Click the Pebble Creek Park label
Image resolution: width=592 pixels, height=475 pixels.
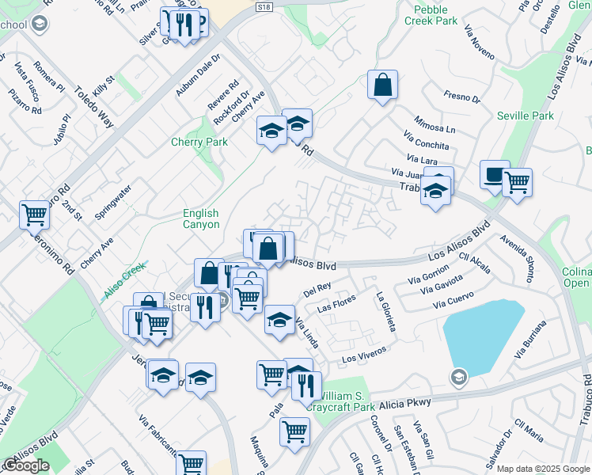(435, 16)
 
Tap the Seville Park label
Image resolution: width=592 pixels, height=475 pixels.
(526, 116)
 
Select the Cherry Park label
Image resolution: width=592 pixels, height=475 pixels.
(199, 142)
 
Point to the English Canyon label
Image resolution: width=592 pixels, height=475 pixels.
(201, 218)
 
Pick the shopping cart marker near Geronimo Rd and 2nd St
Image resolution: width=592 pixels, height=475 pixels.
(34, 214)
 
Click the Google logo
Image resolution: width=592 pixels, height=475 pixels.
(26, 465)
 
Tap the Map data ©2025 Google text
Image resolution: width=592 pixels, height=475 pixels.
(543, 469)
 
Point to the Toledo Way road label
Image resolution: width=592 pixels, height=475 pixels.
(94, 107)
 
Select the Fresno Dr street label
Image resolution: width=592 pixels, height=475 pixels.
(462, 97)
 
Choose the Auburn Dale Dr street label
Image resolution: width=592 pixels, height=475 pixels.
(197, 78)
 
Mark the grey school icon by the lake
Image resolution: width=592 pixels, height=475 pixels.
(457, 377)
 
